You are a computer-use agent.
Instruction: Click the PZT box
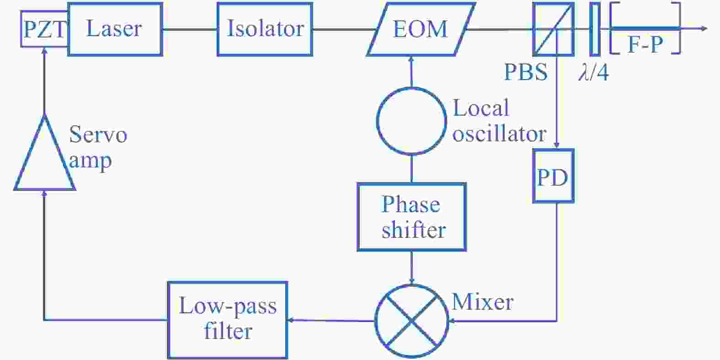44,29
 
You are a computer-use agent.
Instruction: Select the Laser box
115,29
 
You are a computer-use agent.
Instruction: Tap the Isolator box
265,29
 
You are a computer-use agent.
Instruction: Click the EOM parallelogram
420,29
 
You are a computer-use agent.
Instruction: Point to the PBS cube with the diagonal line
553,29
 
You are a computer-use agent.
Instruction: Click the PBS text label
525,72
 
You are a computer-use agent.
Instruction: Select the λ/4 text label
593,72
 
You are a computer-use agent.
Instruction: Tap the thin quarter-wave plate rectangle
594,29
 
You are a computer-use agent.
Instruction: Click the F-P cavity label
645,45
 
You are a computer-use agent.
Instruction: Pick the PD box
553,176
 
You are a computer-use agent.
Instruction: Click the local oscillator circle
411,121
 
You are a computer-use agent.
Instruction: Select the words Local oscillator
498,121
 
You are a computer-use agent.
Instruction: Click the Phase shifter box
411,217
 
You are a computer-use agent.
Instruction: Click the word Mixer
482,302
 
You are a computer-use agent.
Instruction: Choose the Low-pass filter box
227,320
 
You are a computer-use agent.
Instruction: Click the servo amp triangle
44,158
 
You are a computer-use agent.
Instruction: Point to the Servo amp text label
97,147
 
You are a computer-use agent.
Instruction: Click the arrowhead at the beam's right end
704,29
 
